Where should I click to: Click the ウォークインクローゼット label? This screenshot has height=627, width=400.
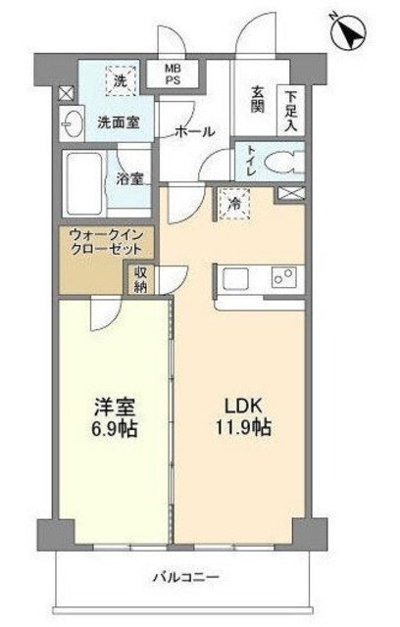pyautogui.click(x=97, y=242)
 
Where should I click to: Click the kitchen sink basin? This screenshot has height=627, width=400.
pyautogui.click(x=240, y=279)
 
